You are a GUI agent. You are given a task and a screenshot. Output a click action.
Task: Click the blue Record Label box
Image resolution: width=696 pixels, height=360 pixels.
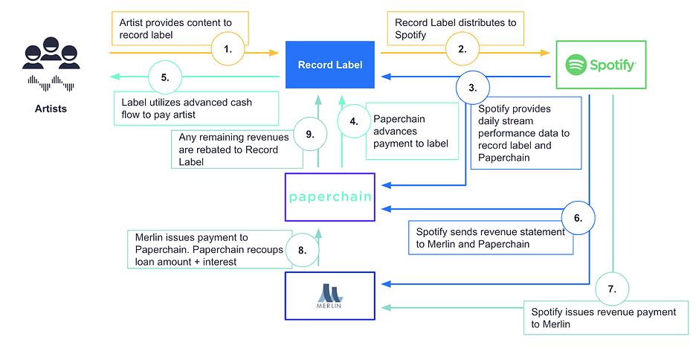pyautogui.click(x=330, y=65)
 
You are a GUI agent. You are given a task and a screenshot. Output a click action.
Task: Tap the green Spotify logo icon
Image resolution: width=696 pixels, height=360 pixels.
pyautogui.click(x=576, y=65)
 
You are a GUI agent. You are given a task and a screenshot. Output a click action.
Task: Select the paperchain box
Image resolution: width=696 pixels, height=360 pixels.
pyautogui.click(x=330, y=197)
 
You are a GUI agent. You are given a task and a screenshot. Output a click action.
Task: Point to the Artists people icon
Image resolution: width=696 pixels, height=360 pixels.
pyautogui.click(x=51, y=53)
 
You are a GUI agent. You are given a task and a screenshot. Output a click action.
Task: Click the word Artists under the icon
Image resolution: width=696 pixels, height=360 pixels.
pyautogui.click(x=51, y=109)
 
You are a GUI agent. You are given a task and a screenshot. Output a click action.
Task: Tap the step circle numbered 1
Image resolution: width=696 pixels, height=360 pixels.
pyautogui.click(x=228, y=49)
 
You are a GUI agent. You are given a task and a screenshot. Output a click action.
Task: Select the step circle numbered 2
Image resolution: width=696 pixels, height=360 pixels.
pyautogui.click(x=462, y=49)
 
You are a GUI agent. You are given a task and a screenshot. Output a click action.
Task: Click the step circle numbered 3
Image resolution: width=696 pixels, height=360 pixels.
pyautogui.click(x=473, y=88)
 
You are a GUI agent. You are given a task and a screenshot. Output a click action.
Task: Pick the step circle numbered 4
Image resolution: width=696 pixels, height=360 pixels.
pyautogui.click(x=354, y=121)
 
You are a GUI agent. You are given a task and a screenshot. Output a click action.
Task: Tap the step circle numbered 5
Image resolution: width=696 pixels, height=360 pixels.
pyautogui.click(x=165, y=77)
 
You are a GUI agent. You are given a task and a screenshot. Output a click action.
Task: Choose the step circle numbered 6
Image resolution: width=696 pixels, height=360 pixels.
pyautogui.click(x=578, y=218)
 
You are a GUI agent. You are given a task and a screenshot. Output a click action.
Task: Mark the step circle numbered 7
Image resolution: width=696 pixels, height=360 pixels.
pyautogui.click(x=612, y=289)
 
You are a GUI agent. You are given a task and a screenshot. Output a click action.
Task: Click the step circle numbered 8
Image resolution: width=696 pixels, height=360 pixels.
pyautogui.click(x=303, y=250)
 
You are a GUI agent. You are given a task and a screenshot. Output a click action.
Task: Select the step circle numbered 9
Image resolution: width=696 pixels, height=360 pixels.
pyautogui.click(x=310, y=135)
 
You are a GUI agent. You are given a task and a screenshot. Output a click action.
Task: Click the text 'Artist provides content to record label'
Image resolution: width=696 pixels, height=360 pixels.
pyautogui.click(x=175, y=28)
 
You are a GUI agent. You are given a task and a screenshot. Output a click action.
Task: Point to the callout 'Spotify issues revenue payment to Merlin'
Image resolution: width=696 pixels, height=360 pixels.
pyautogui.click(x=606, y=318)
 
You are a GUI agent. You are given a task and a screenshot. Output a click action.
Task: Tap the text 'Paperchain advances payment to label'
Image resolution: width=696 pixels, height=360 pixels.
pyautogui.click(x=410, y=132)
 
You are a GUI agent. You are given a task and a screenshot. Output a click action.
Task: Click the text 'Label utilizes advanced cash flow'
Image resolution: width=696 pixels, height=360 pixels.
pyautogui.click(x=187, y=109)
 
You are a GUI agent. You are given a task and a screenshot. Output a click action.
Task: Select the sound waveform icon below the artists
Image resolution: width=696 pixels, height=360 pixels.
pyautogui.click(x=51, y=83)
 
